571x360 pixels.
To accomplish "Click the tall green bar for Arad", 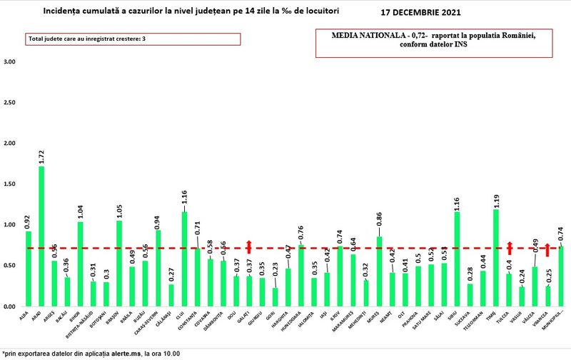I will (x=41, y=236).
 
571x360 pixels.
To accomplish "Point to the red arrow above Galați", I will (x=248, y=246).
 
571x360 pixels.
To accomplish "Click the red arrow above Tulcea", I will (x=509, y=247).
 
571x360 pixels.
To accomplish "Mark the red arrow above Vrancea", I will (x=547, y=249).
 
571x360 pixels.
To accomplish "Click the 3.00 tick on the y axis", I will (x=9, y=62).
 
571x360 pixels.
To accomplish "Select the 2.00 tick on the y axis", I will (x=9, y=144).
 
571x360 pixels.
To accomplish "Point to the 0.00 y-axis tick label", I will (x=9, y=306).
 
